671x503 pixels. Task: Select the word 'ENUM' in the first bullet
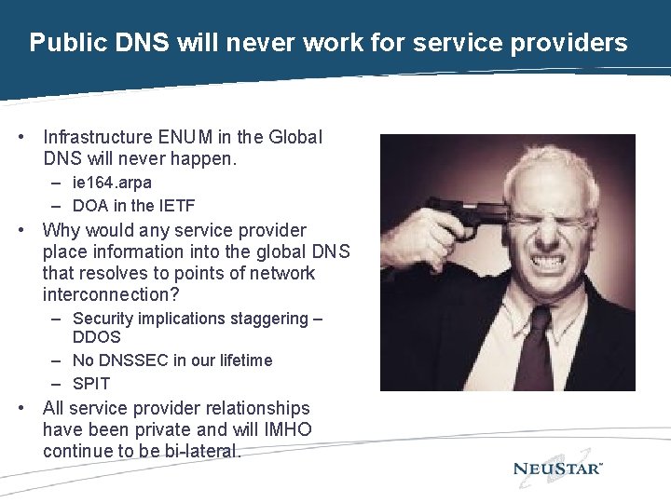tap(189, 138)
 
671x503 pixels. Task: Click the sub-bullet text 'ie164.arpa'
tap(112, 183)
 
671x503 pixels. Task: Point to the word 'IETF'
tap(175, 206)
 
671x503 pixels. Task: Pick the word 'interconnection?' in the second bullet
tap(111, 295)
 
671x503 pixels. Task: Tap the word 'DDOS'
tap(97, 336)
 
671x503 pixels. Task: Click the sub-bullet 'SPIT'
tap(91, 384)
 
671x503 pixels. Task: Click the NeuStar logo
tap(558, 469)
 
